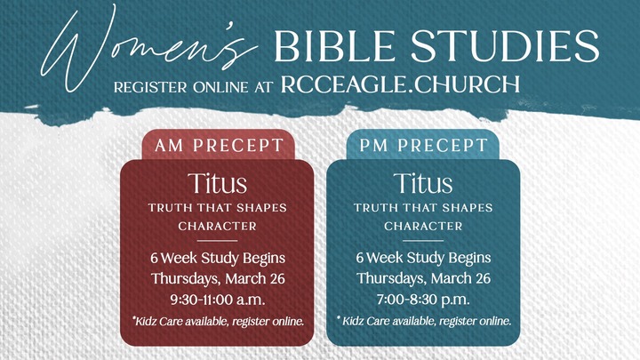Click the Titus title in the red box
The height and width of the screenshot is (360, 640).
click(217, 184)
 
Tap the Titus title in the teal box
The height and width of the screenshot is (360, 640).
click(422, 184)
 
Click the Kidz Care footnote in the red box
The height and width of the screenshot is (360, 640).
click(217, 320)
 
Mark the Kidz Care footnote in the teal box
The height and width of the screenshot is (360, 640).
click(423, 320)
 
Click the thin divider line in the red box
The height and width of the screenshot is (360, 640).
click(217, 241)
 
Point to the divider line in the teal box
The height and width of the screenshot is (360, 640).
click(423, 241)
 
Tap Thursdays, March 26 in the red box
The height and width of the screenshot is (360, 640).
click(217, 278)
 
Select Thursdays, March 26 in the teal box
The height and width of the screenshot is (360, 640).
click(423, 278)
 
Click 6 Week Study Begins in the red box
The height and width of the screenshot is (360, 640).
click(217, 259)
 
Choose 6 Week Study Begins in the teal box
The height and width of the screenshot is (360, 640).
click(423, 259)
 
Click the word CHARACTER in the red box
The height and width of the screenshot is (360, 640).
click(217, 226)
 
